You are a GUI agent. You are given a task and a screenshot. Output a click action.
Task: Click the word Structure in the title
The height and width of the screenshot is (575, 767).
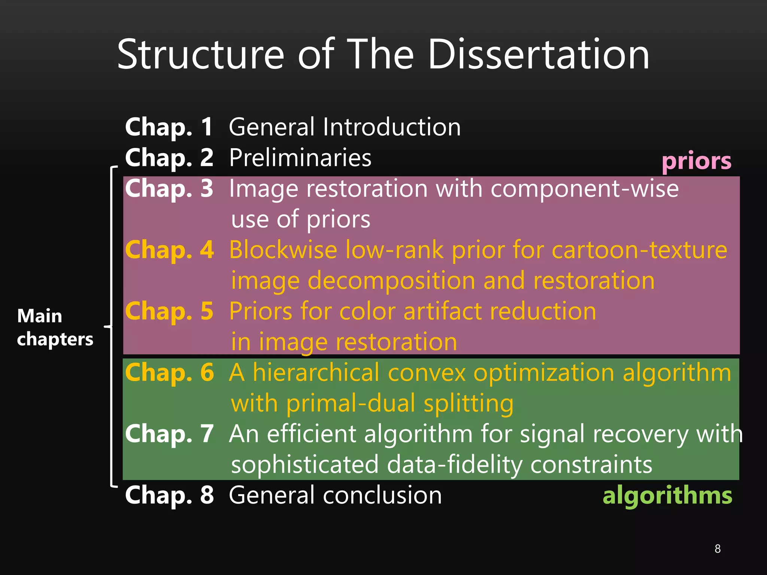point(201,55)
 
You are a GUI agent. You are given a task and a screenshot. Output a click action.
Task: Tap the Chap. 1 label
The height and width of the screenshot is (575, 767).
point(169,127)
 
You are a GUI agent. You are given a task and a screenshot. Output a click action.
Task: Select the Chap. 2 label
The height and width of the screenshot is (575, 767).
point(169,158)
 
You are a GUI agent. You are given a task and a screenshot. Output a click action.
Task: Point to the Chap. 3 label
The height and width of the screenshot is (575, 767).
point(169,188)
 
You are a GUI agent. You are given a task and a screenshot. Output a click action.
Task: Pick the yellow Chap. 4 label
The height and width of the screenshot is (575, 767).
point(169,250)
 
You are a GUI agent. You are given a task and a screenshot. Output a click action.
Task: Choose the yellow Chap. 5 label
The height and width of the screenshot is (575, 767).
point(169,311)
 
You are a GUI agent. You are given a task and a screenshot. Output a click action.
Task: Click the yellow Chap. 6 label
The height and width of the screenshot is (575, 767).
point(169,372)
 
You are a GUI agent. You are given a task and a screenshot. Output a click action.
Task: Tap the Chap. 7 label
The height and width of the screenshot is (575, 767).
point(169,434)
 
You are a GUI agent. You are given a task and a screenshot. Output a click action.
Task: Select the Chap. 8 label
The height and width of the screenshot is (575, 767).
point(169,495)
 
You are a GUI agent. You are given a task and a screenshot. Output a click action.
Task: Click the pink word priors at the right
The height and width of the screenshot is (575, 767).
point(696,162)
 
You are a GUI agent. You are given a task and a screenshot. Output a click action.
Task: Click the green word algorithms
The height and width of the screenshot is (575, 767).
point(667,495)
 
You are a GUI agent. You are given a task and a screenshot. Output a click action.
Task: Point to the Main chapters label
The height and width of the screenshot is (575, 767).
point(55,327)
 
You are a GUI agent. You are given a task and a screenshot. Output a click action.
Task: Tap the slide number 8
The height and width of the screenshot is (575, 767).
point(718,549)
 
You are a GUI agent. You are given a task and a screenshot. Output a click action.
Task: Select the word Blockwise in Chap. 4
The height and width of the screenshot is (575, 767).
point(283,250)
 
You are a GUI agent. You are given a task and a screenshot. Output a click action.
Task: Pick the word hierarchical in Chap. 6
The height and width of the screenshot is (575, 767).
point(316,372)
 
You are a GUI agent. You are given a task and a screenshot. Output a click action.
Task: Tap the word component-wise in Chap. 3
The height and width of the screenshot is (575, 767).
point(585,188)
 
